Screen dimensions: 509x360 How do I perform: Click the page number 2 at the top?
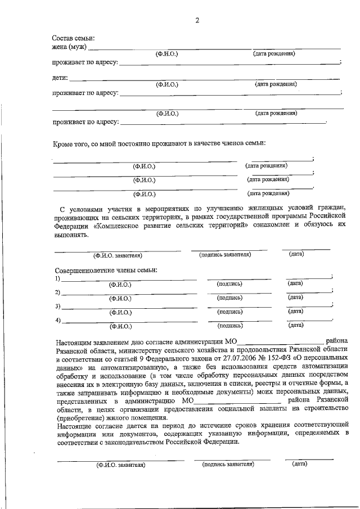pyautogui.click(x=197, y=21)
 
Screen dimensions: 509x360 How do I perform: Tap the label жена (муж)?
pyautogui.click(x=69, y=46)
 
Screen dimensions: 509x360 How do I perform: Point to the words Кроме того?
pyautogui.click(x=71, y=143)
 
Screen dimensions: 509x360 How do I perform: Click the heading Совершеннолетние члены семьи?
pyautogui.click(x=106, y=270)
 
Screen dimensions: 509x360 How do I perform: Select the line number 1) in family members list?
pyautogui.click(x=57, y=278)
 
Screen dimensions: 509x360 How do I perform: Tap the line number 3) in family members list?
pyautogui.click(x=57, y=307)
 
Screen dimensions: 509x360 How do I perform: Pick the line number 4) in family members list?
pyautogui.click(x=57, y=321)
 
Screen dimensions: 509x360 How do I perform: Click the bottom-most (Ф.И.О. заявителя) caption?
pyautogui.click(x=121, y=465)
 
